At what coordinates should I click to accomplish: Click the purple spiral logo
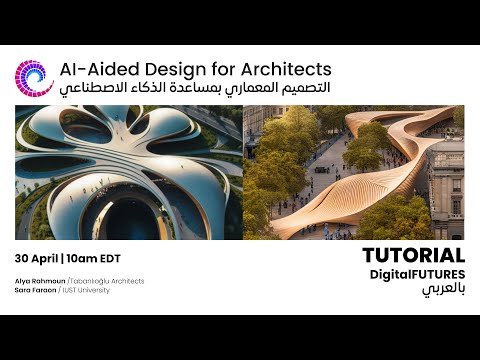tap(33, 78)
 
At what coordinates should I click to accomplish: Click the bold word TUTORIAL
tap(413, 256)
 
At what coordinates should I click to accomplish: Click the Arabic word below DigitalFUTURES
tap(443, 290)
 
